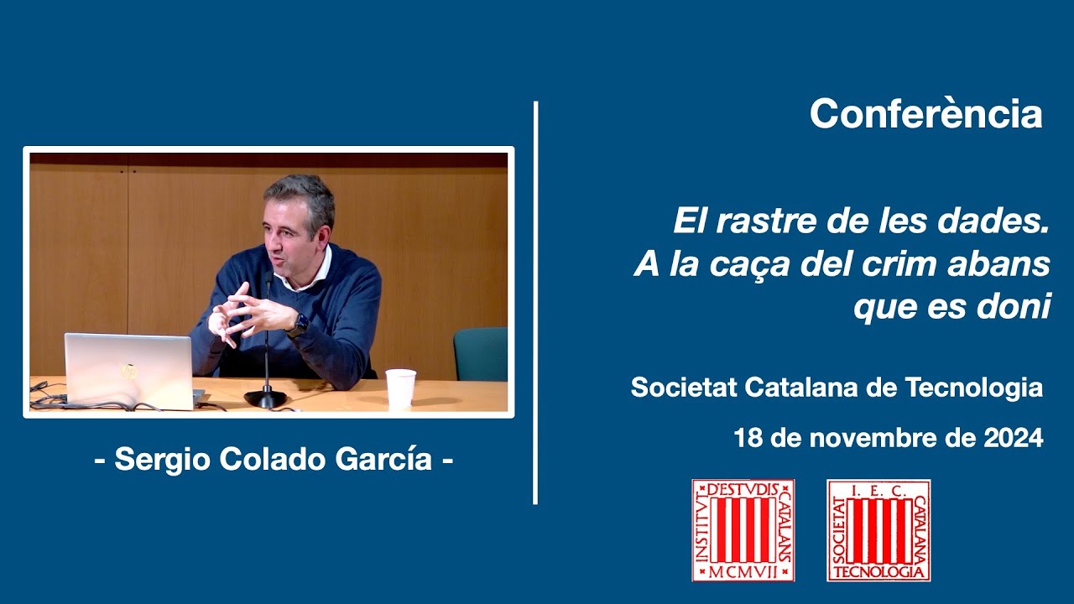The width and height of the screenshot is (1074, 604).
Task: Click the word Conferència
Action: (925, 114)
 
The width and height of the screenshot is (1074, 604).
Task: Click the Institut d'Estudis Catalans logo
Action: (743, 530)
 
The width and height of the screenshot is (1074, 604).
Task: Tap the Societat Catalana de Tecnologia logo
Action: (878, 530)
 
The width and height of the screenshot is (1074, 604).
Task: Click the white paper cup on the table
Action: (400, 388)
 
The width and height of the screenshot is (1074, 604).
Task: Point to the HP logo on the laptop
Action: (128, 371)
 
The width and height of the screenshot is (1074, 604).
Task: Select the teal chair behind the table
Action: (481, 353)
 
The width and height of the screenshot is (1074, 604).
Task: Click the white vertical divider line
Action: (535, 302)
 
